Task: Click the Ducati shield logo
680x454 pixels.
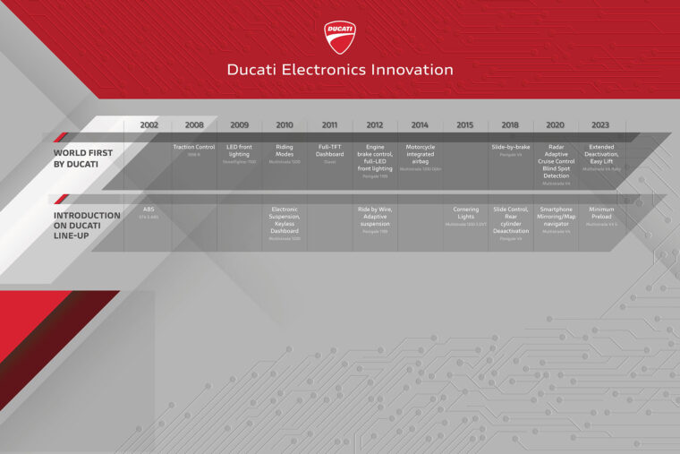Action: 340,37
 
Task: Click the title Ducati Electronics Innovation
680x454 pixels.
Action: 340,70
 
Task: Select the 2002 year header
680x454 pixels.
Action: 149,125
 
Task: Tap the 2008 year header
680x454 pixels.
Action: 194,125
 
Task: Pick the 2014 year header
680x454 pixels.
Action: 420,125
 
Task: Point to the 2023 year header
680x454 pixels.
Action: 600,125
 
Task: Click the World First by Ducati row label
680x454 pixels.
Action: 82,158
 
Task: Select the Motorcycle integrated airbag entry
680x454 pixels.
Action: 420,155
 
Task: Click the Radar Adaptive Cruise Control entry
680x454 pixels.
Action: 555,161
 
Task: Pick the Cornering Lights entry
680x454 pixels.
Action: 465,214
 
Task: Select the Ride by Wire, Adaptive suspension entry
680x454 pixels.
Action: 375,218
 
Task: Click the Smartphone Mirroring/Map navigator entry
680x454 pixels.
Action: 555,218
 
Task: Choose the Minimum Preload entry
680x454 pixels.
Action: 600,214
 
